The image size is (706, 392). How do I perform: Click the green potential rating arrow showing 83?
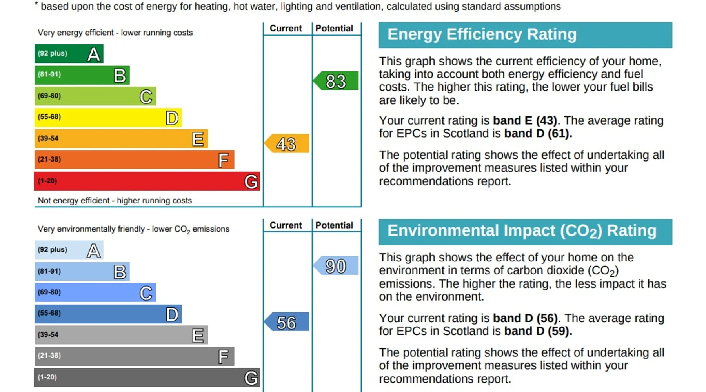[x=336, y=81]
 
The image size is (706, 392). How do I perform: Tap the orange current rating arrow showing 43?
[x=287, y=143]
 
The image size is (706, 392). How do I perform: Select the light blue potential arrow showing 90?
[x=336, y=266]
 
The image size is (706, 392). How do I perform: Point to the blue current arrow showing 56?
[x=287, y=322]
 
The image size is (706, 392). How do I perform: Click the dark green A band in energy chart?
[x=69, y=54]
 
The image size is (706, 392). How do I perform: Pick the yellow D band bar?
[x=108, y=117]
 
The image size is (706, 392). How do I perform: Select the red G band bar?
[x=147, y=181]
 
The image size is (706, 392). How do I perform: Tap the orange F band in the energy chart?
[x=134, y=160]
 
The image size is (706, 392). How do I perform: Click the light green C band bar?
[x=95, y=96]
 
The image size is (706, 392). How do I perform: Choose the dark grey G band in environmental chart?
[x=147, y=377]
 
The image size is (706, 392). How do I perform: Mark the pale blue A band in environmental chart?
[x=69, y=250]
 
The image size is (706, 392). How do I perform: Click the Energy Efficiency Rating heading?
[x=482, y=34]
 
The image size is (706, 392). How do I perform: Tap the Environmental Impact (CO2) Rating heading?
[x=522, y=231]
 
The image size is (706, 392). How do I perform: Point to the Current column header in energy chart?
[x=286, y=29]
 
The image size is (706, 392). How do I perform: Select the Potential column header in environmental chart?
[x=334, y=225]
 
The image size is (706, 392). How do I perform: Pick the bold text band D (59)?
[x=538, y=331]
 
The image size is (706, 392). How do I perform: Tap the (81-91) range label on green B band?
[x=49, y=74]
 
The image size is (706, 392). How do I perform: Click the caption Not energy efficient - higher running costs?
[x=115, y=201]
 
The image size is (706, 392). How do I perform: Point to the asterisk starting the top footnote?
[x=36, y=5]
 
